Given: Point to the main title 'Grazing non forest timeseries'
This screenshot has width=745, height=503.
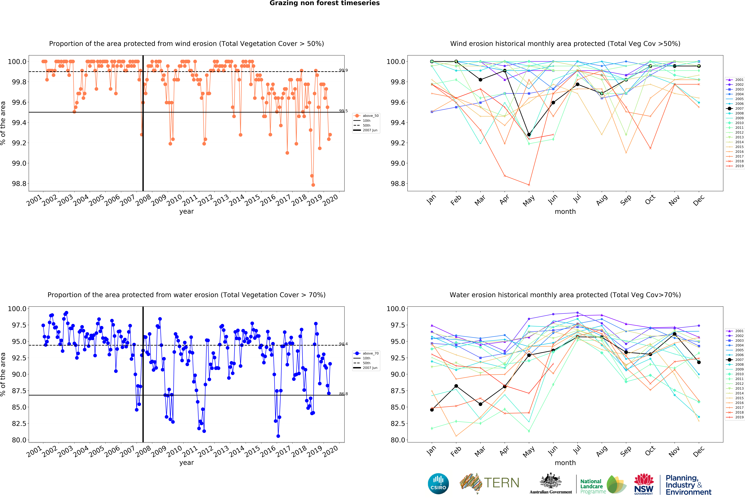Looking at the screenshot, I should (324, 3).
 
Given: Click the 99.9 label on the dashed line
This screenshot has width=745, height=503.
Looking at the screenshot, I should (343, 70).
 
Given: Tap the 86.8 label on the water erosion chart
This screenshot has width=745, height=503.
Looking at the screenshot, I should (343, 394).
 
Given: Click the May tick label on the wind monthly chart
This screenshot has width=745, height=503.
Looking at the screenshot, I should (529, 201).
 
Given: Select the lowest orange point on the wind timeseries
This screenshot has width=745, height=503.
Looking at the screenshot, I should (313, 185).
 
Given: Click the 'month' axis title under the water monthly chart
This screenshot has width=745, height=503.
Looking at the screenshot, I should (565, 463).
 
